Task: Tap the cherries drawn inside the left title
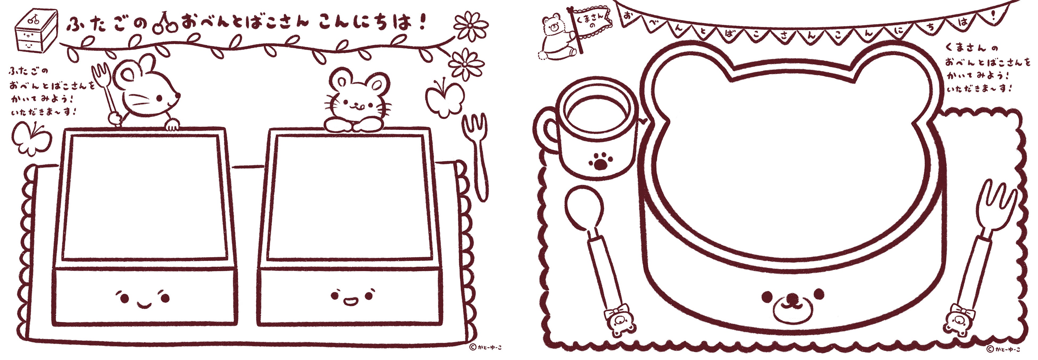165,24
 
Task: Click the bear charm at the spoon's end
619,321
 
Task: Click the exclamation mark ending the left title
422,22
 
